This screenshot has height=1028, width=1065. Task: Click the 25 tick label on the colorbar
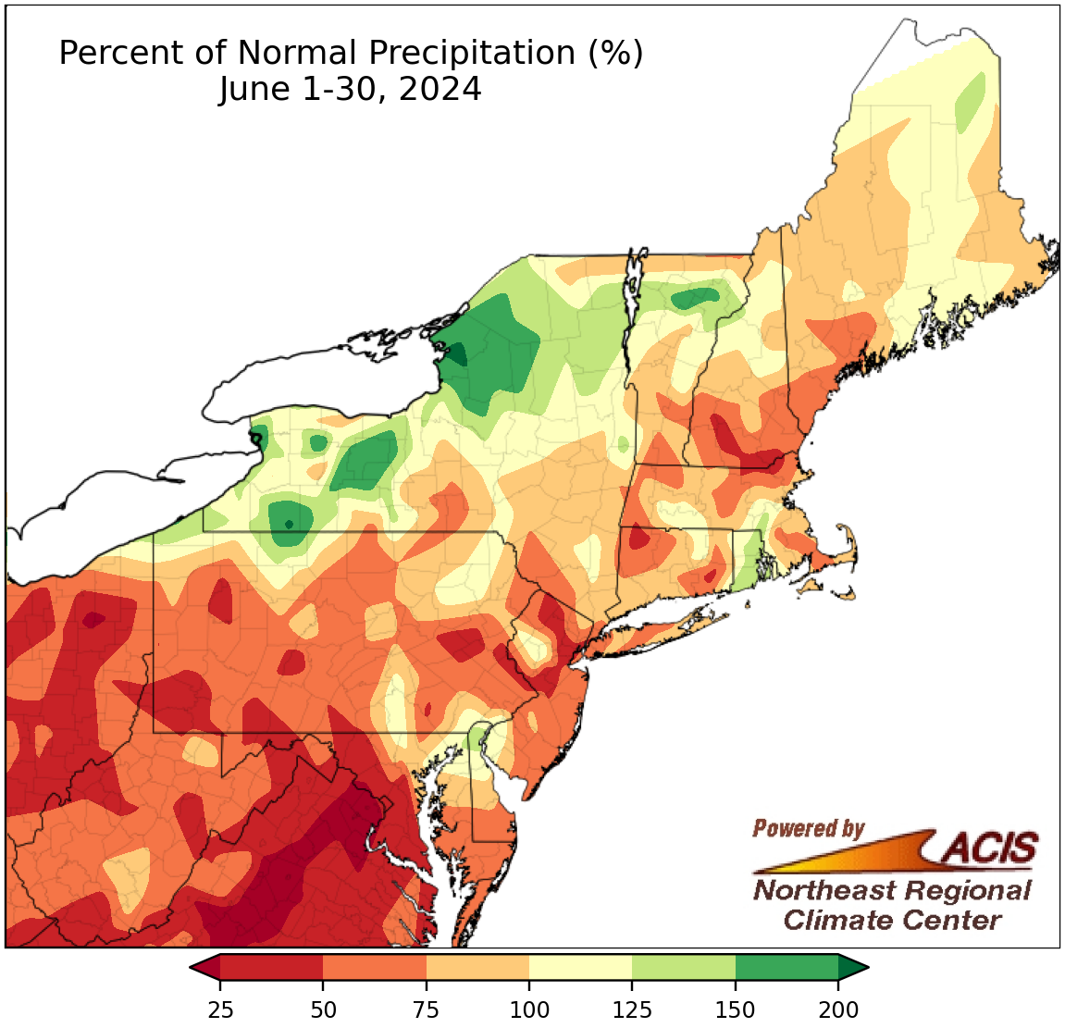tap(220, 1009)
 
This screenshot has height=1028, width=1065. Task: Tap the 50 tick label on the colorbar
tap(323, 1009)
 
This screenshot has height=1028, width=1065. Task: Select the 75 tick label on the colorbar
tap(427, 1009)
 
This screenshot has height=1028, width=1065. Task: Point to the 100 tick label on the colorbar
tap(529, 1009)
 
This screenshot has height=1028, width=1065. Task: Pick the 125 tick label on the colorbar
tap(632, 1009)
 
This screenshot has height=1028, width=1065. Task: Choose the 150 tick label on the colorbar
tap(736, 1009)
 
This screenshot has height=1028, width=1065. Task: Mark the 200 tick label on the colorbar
tap(838, 1009)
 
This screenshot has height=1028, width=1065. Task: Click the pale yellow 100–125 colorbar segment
tap(580, 968)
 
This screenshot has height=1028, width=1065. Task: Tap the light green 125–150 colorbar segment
tap(684, 968)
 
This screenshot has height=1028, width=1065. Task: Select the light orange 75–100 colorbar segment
tap(477, 968)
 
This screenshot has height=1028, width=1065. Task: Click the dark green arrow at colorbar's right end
tap(853, 968)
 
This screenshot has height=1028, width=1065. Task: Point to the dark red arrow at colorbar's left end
tap(204, 968)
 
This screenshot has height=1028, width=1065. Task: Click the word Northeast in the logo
tap(824, 891)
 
